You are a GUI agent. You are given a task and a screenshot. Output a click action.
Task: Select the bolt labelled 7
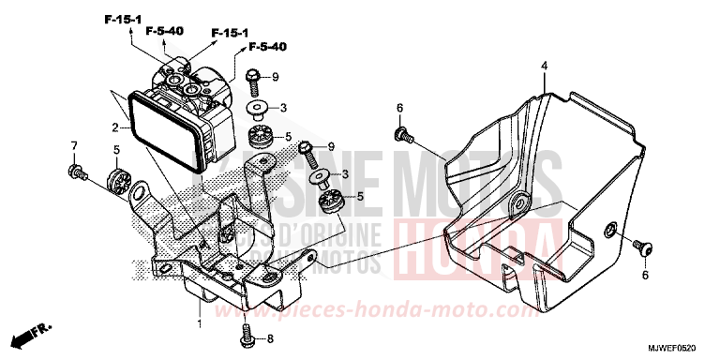point(76,172)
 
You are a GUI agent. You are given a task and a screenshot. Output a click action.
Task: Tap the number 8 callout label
point(270,339)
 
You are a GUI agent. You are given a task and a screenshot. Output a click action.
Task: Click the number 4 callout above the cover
point(544,66)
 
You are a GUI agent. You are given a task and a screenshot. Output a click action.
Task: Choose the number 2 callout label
point(114,127)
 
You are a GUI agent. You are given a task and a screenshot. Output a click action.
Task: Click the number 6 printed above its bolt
point(399,108)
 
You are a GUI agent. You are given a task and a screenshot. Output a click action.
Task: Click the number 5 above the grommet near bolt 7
point(116,149)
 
